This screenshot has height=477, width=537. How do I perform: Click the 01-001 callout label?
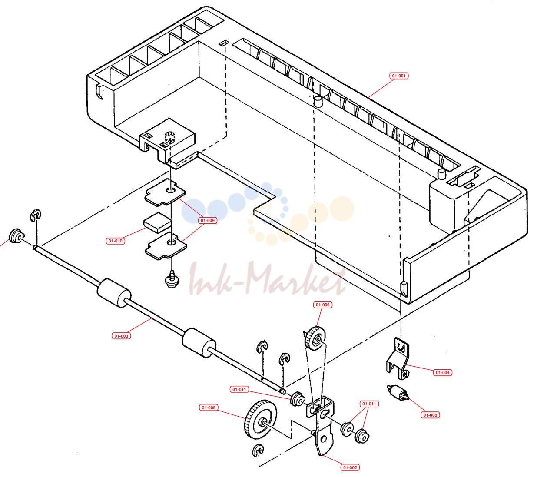399,76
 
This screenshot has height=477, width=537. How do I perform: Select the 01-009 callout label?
207,221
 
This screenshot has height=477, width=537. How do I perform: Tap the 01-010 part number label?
115,241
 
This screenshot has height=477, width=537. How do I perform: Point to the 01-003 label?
121,336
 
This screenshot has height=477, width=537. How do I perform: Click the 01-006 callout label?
322,305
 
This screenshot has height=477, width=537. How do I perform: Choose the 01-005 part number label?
209,407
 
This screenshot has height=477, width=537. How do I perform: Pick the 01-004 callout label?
442,372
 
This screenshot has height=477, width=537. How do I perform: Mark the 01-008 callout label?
430,415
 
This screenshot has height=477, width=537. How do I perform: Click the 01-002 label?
350,467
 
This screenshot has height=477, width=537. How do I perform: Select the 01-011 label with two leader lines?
369,404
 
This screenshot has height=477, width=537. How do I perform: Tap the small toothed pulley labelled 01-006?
315,339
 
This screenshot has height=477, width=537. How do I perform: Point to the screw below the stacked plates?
172,279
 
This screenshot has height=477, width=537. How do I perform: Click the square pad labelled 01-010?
157,222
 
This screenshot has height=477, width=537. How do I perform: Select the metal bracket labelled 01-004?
398,358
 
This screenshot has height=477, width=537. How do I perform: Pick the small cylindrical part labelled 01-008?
398,393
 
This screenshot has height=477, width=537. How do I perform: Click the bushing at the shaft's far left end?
17,235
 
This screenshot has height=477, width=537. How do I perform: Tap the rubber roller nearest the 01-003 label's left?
114,293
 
